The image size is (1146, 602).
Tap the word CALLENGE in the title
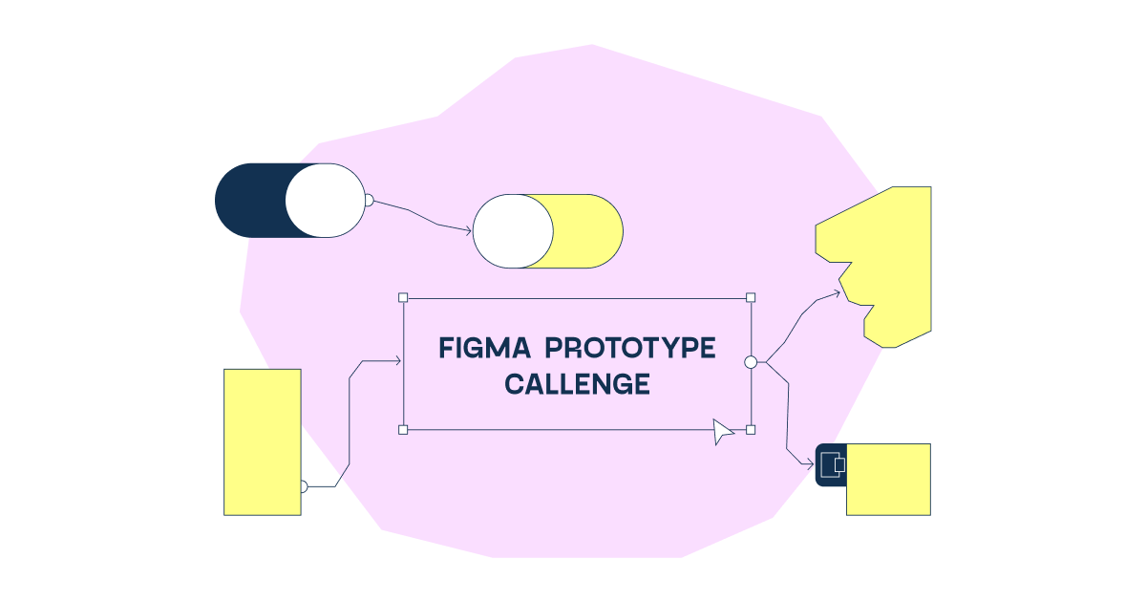[x=577, y=384]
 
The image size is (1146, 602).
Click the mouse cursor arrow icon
[x=724, y=432]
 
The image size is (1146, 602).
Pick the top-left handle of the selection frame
[x=403, y=298]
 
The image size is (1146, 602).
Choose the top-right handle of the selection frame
[x=751, y=298]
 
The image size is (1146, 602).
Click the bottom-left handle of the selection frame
[x=403, y=430]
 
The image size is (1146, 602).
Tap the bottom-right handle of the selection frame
[x=751, y=430]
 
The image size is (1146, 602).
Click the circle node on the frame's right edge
[x=751, y=362]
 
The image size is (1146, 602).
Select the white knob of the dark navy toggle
[x=325, y=201]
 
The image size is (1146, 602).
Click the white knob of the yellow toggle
[x=513, y=231]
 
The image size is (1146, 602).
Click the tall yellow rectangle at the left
[x=262, y=441]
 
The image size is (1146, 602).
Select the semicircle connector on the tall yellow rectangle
[x=304, y=486]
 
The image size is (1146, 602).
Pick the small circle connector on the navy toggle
[x=369, y=201]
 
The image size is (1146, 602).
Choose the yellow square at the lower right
[x=889, y=480]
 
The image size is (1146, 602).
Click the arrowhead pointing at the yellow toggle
[x=468, y=230]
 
